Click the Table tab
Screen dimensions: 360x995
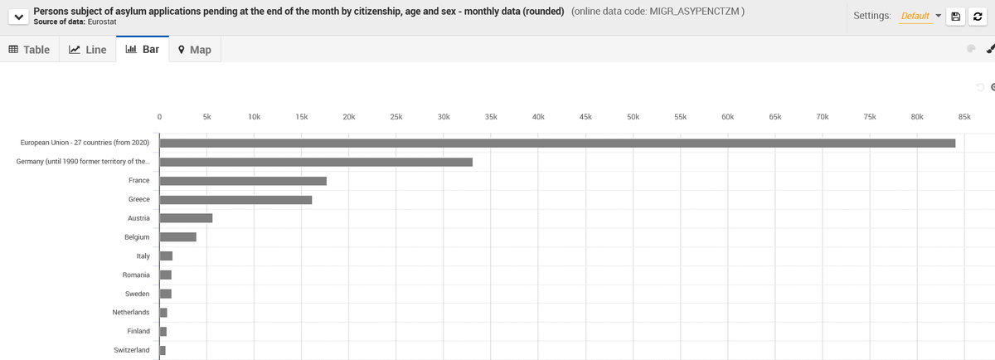[29, 50]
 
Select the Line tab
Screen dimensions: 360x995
[87, 50]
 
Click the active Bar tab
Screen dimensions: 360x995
[142, 49]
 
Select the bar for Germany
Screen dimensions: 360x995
[315, 162]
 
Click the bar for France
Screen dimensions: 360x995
[242, 181]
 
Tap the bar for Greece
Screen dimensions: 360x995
[235, 200]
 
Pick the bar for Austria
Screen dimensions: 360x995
[186, 218]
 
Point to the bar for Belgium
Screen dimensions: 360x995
[177, 237]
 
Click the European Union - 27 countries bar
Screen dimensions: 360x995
[556, 143]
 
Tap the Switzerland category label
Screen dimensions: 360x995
[131, 350]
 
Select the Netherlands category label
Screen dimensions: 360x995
[131, 312]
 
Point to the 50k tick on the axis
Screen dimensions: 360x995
[633, 118]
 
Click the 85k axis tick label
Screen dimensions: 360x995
[964, 118]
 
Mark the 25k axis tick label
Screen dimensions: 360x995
[396, 118]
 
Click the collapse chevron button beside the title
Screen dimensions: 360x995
[17, 17]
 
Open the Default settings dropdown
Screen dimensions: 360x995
[921, 17]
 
